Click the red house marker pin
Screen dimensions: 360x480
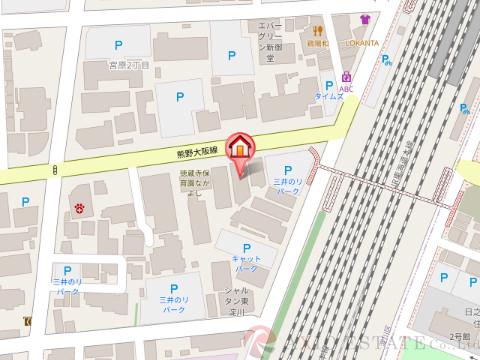coord(240,148)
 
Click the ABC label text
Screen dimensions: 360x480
coord(347,89)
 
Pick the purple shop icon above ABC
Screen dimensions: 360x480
coord(347,75)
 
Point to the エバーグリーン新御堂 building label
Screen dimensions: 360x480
coord(272,35)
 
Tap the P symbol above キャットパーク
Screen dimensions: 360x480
coord(246,245)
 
